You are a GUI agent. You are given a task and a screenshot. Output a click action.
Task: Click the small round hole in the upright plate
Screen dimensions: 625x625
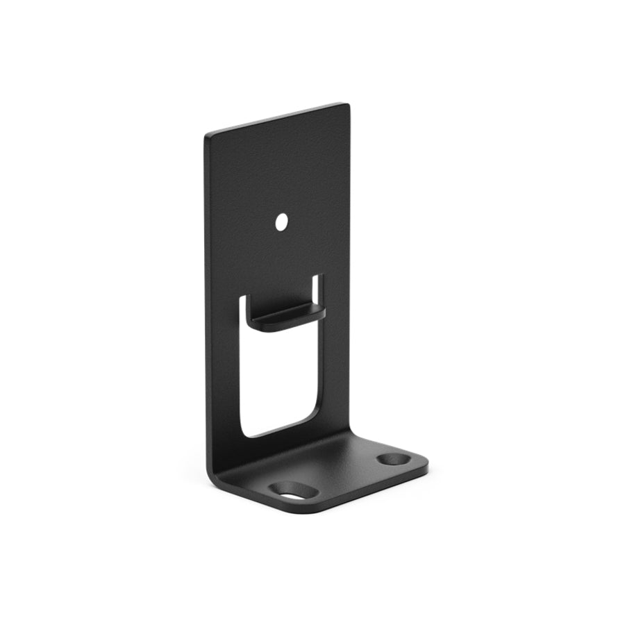[x=281, y=222]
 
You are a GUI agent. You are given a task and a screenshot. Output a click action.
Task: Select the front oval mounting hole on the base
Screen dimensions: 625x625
[x=292, y=491]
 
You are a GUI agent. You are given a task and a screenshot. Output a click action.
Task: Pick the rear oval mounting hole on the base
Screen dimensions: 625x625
[x=393, y=460]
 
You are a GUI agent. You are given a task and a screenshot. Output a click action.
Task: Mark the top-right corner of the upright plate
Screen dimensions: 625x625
[x=347, y=106]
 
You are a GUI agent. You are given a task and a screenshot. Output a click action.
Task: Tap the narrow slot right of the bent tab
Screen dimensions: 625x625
[x=318, y=288]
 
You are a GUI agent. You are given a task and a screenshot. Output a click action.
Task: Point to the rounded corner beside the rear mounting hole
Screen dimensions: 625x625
[x=423, y=467]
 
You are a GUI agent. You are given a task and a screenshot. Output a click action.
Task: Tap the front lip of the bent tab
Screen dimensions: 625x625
[x=288, y=321]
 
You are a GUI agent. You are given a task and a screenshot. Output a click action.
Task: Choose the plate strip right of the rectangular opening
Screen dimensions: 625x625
[x=337, y=347]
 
